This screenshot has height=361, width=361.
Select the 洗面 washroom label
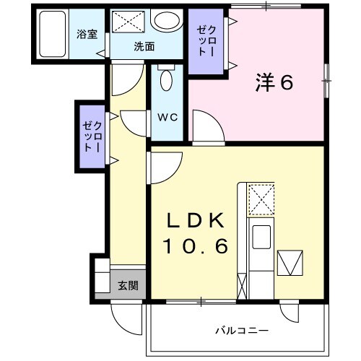click(x=144, y=47)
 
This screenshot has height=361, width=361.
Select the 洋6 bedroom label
click(x=272, y=83)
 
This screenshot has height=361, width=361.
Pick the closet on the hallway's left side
click(x=92, y=136)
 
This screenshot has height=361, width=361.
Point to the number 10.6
click(x=194, y=247)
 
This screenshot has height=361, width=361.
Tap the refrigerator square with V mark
click(x=292, y=263)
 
